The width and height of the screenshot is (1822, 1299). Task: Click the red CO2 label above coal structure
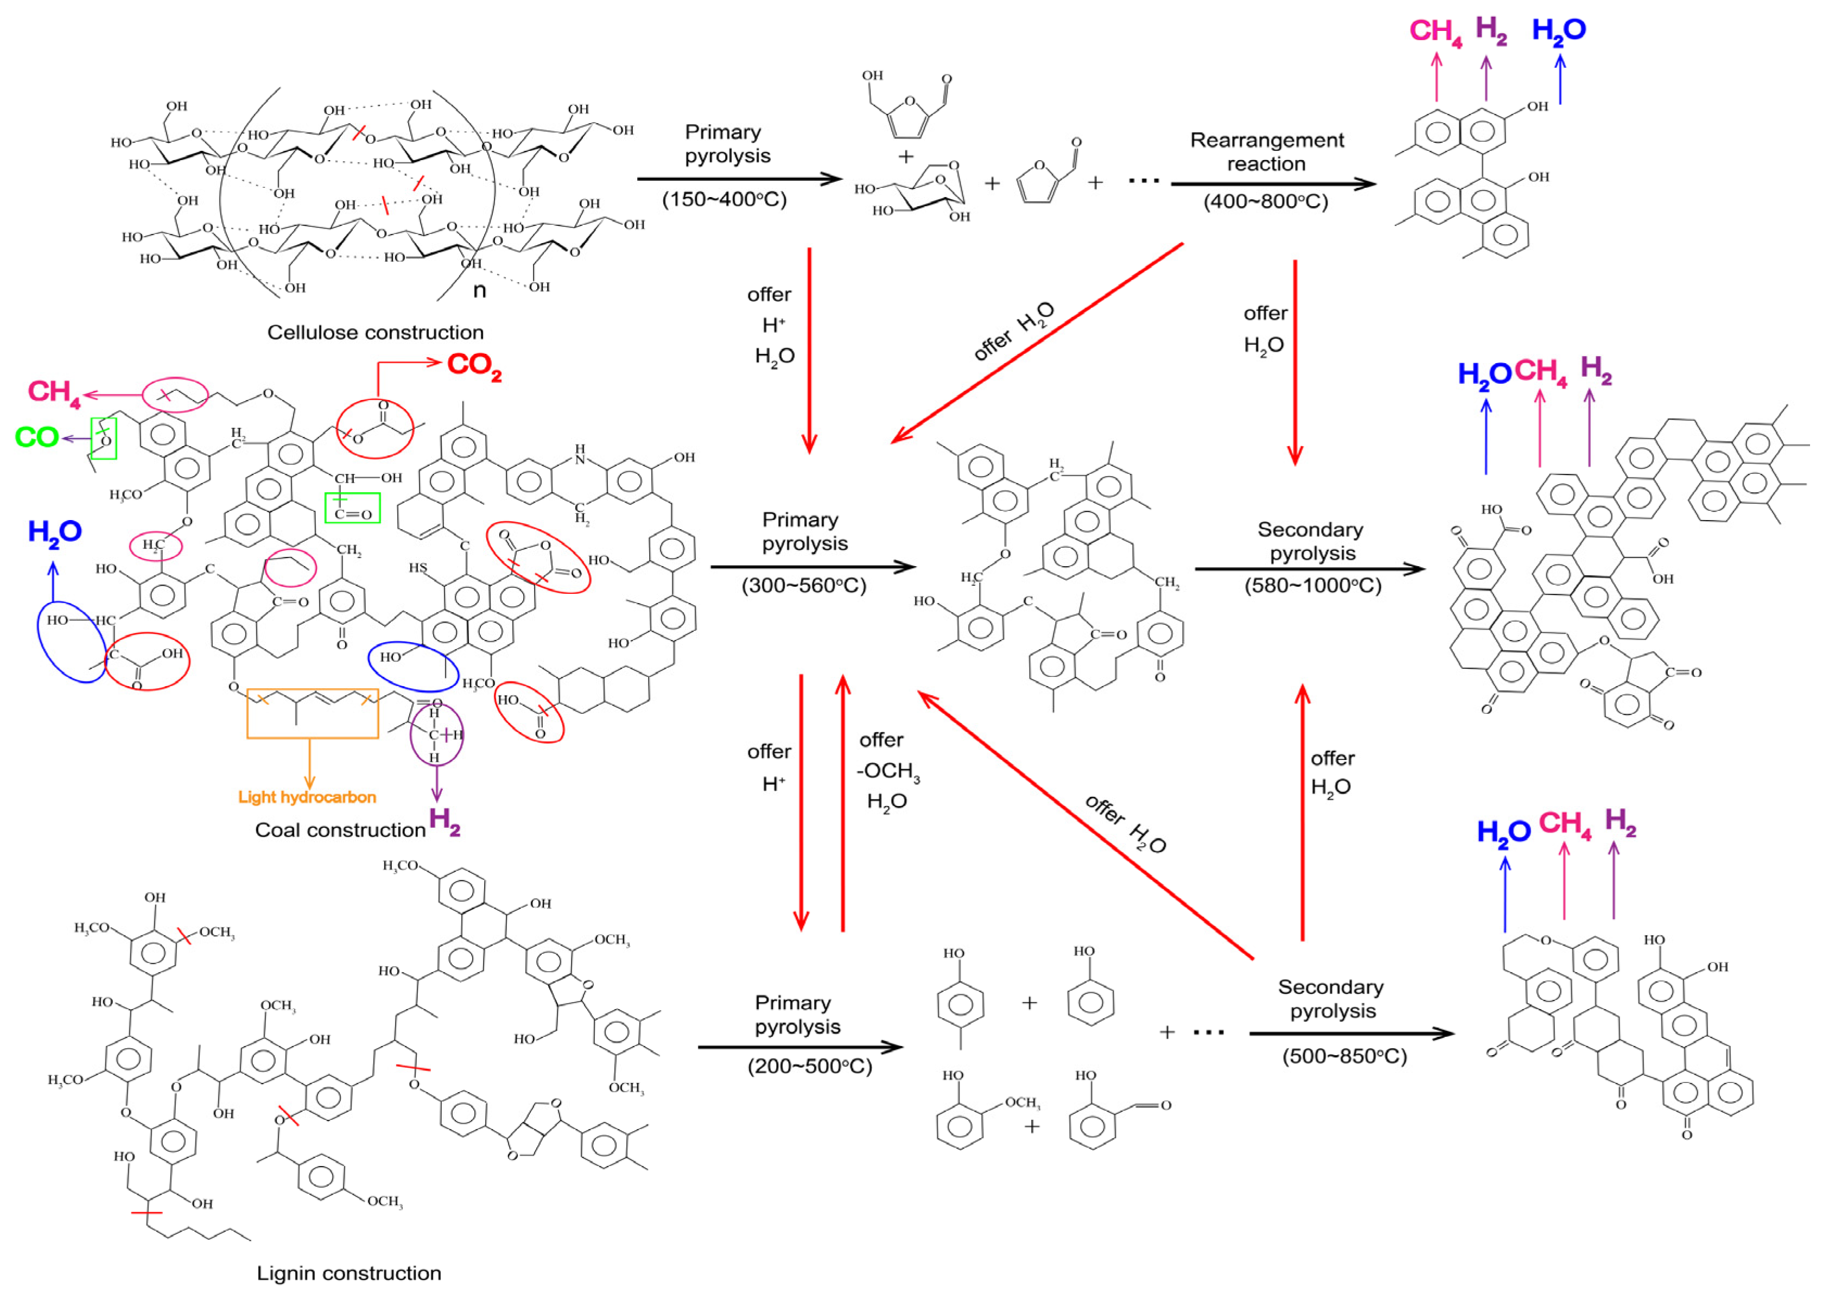pyautogui.click(x=473, y=365)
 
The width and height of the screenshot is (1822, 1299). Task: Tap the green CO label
pyautogui.click(x=37, y=438)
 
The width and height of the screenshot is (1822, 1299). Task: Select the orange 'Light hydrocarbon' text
pyautogui.click(x=307, y=797)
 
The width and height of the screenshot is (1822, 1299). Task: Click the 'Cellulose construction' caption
pyautogui.click(x=375, y=332)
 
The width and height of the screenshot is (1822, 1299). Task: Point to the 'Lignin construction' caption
pyautogui.click(x=349, y=1272)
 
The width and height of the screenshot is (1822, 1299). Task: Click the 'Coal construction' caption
pyautogui.click(x=340, y=829)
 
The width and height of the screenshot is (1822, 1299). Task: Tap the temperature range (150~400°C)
pyautogui.click(x=724, y=199)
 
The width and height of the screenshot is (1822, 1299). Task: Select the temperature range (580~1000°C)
pyautogui.click(x=1312, y=586)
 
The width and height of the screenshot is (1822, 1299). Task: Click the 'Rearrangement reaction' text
pyautogui.click(x=1267, y=152)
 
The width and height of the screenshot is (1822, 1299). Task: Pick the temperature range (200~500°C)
pyautogui.click(x=809, y=1066)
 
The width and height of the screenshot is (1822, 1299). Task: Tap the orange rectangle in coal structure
pyautogui.click(x=313, y=713)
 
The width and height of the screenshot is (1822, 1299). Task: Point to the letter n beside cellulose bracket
pyautogui.click(x=480, y=290)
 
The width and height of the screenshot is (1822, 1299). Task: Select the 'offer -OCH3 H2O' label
pyautogui.click(x=887, y=770)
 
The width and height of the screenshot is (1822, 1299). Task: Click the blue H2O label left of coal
pyautogui.click(x=54, y=532)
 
